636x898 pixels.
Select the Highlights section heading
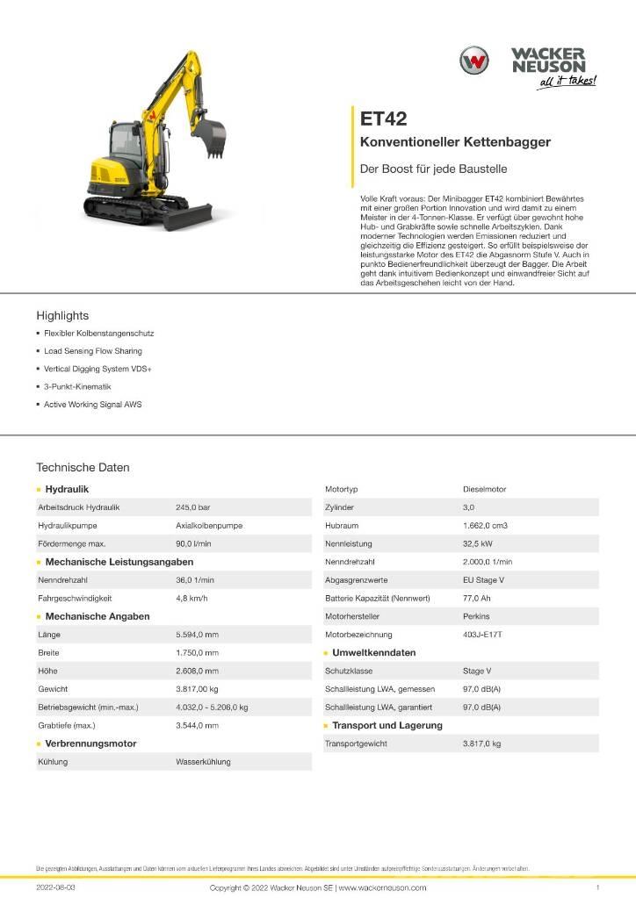[x=62, y=315]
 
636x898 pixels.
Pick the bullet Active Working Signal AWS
[x=93, y=405]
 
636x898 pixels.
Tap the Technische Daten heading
[x=83, y=468]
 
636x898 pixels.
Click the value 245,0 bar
[x=193, y=507]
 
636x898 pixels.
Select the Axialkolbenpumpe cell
[x=209, y=526]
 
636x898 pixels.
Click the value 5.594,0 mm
[x=198, y=635]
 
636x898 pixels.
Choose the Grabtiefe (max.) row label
[x=67, y=725]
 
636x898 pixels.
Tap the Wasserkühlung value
[x=203, y=762]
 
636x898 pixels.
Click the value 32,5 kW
[x=478, y=543]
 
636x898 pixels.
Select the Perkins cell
[x=476, y=616]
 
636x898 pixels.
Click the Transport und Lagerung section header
[x=387, y=725]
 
